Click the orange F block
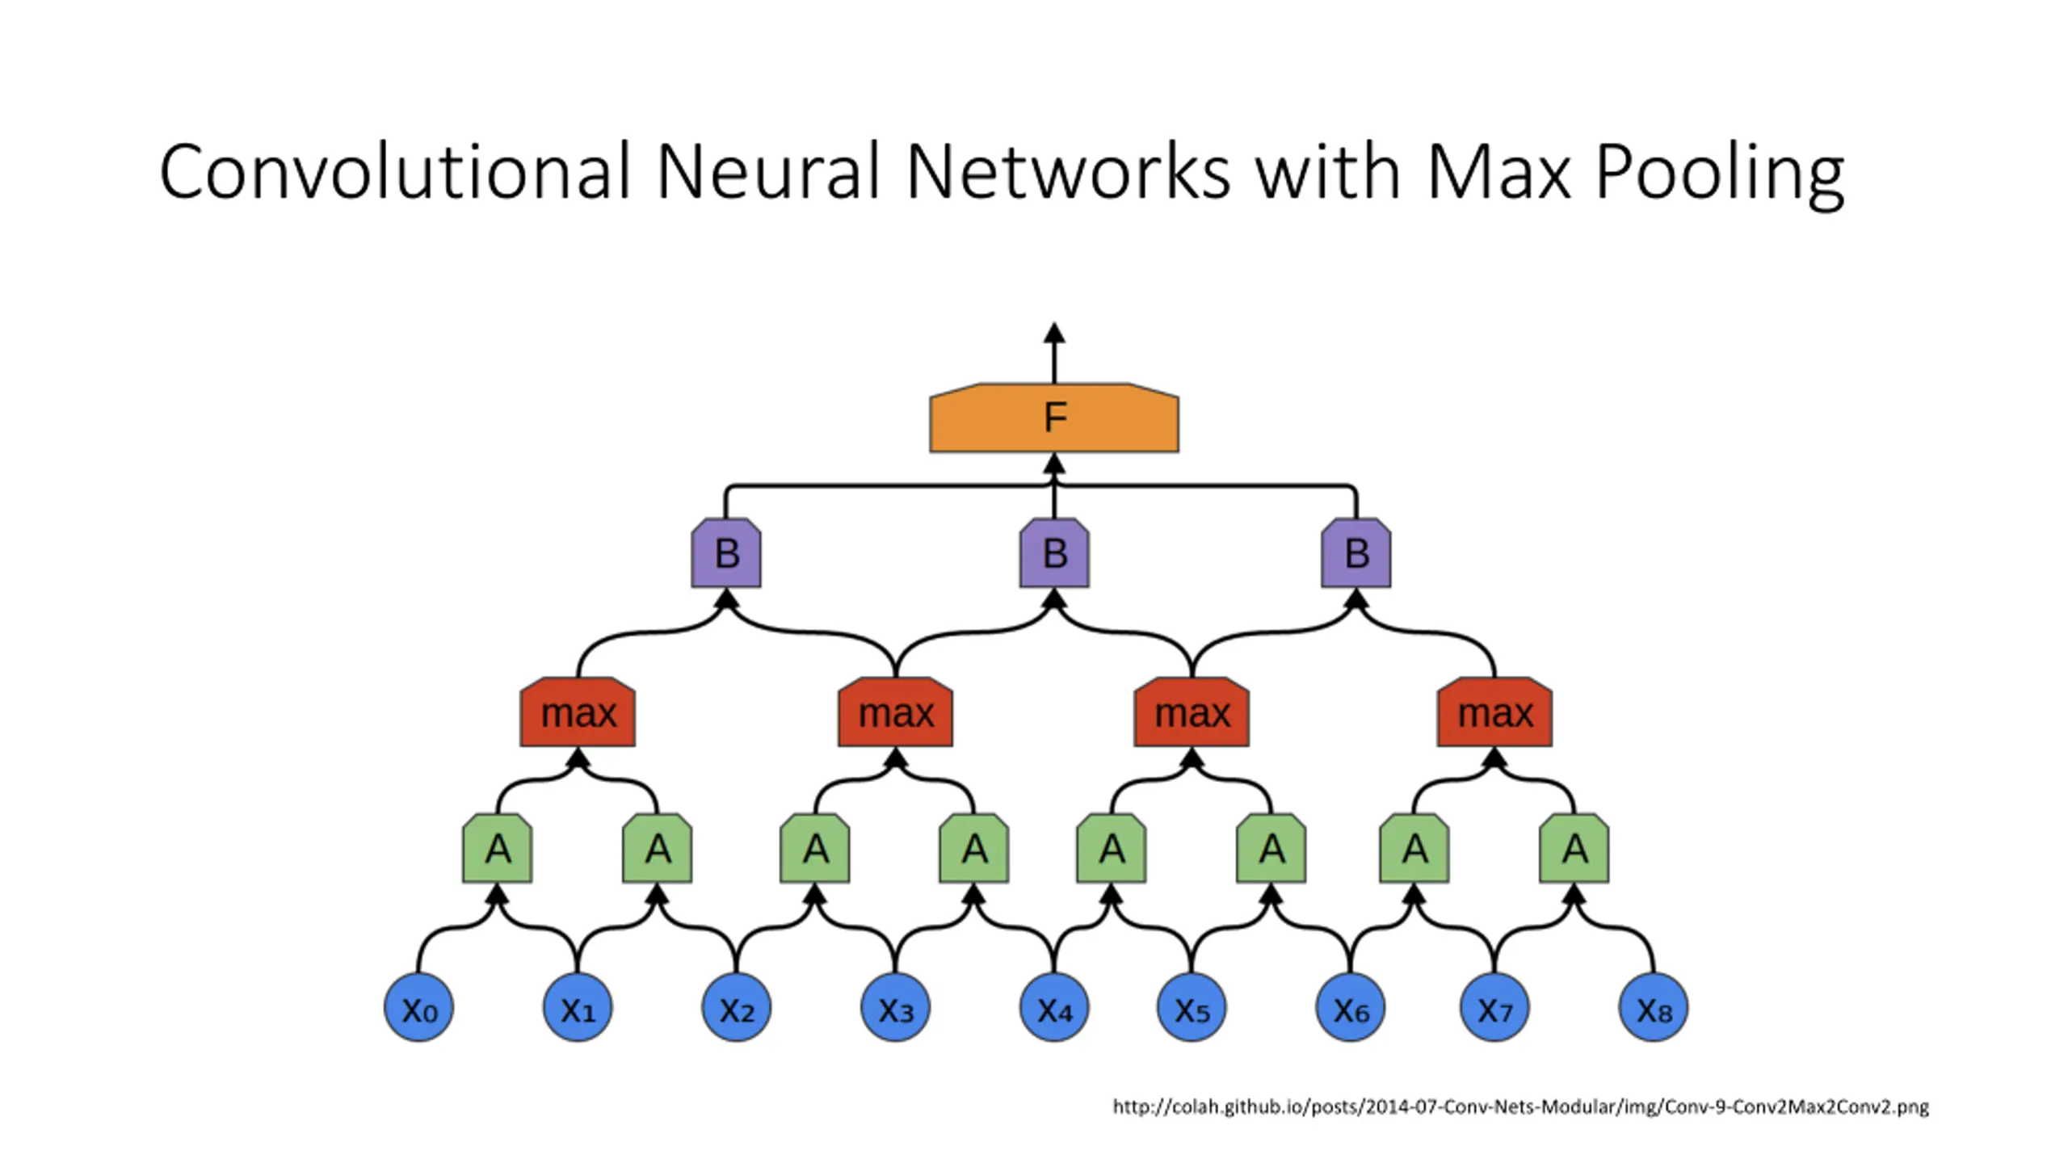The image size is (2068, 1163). tap(1053, 418)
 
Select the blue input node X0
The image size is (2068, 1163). tap(418, 1007)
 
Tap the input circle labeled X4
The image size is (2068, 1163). tap(1054, 1007)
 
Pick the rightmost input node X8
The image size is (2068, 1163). tap(1654, 1007)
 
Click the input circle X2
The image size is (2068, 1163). tap(736, 1007)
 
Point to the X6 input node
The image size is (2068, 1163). tap(1351, 1007)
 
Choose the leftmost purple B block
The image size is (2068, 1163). tap(726, 553)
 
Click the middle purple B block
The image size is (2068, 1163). tap(1054, 553)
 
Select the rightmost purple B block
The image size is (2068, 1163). tap(1356, 553)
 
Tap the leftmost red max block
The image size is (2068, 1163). tap(578, 712)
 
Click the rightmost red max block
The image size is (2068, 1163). tap(1494, 712)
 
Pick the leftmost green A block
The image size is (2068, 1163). tap(497, 849)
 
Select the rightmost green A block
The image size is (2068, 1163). tap(1574, 849)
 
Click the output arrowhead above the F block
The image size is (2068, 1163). tap(1053, 333)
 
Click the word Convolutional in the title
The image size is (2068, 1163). tap(394, 171)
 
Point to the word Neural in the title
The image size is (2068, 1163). tap(768, 171)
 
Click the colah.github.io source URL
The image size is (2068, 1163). tap(1520, 1106)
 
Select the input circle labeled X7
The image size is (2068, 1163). tap(1494, 1007)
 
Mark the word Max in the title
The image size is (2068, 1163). tap(1498, 171)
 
